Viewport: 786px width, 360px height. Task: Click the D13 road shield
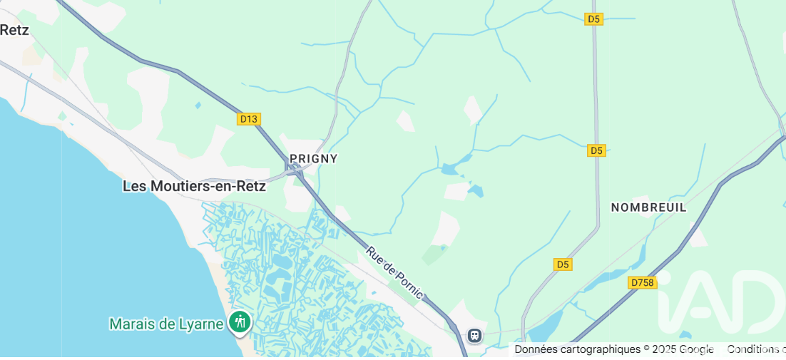pos(248,119)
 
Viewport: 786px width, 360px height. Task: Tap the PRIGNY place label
pos(313,158)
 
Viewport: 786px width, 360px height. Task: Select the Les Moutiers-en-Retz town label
pos(194,186)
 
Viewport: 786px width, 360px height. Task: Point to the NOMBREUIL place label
pos(648,207)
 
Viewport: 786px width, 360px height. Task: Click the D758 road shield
pos(642,283)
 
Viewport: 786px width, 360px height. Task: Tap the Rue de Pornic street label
pos(394,273)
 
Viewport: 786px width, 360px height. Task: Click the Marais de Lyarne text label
pos(165,324)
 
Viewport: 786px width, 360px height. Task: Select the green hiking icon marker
pos(240,323)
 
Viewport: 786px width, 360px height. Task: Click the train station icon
pos(474,335)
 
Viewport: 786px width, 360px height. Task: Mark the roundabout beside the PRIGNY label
pos(295,169)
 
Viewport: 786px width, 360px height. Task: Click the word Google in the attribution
pos(696,349)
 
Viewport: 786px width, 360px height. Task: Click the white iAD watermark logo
pos(720,303)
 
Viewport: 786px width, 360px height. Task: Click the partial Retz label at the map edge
pos(14,29)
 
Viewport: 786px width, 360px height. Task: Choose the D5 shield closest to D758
pos(563,264)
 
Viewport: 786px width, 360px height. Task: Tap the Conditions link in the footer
pos(756,349)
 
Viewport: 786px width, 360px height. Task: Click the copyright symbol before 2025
pos(647,349)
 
